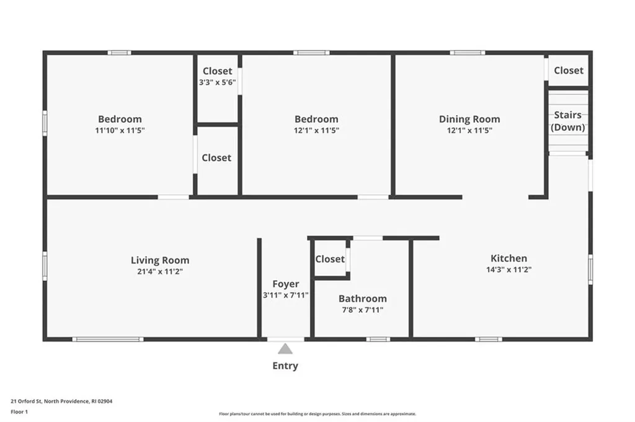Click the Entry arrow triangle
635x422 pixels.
(x=285, y=349)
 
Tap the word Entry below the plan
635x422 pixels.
(x=285, y=366)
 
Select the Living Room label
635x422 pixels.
(x=160, y=260)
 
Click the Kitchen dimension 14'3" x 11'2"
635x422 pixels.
(x=509, y=270)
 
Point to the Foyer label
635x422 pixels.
(x=286, y=284)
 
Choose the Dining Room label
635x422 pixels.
(x=469, y=119)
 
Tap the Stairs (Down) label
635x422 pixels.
(x=568, y=121)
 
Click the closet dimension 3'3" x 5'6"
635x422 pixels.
(x=218, y=82)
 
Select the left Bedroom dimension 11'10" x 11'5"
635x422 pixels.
(x=120, y=130)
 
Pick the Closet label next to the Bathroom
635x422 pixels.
(x=330, y=259)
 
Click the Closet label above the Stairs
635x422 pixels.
(x=569, y=71)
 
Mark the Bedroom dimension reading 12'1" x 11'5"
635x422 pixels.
(x=316, y=130)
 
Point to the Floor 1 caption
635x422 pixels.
(x=20, y=411)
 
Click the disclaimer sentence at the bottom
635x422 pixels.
(x=317, y=414)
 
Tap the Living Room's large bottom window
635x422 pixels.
(x=108, y=339)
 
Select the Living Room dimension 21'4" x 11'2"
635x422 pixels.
(x=160, y=271)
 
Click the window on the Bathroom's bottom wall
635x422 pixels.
(x=378, y=339)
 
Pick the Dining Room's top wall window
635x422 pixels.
(x=468, y=53)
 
